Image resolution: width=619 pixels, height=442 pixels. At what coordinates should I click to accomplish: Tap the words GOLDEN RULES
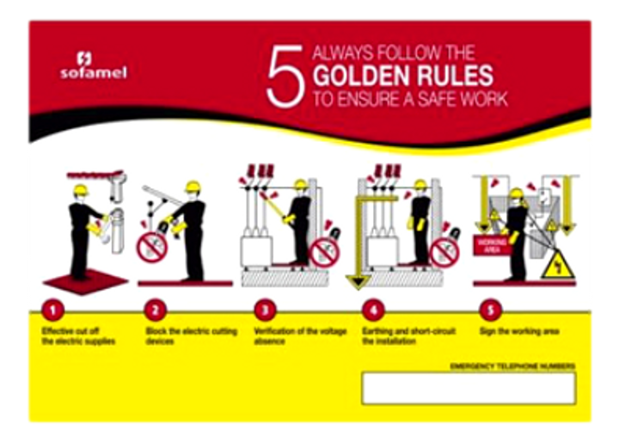(x=402, y=75)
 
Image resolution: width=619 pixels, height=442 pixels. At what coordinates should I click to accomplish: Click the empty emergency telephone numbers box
(x=468, y=388)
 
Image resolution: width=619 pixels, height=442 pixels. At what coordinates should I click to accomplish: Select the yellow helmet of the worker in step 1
(x=81, y=191)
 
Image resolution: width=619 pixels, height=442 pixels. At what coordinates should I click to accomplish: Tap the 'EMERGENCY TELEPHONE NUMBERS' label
(x=512, y=366)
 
